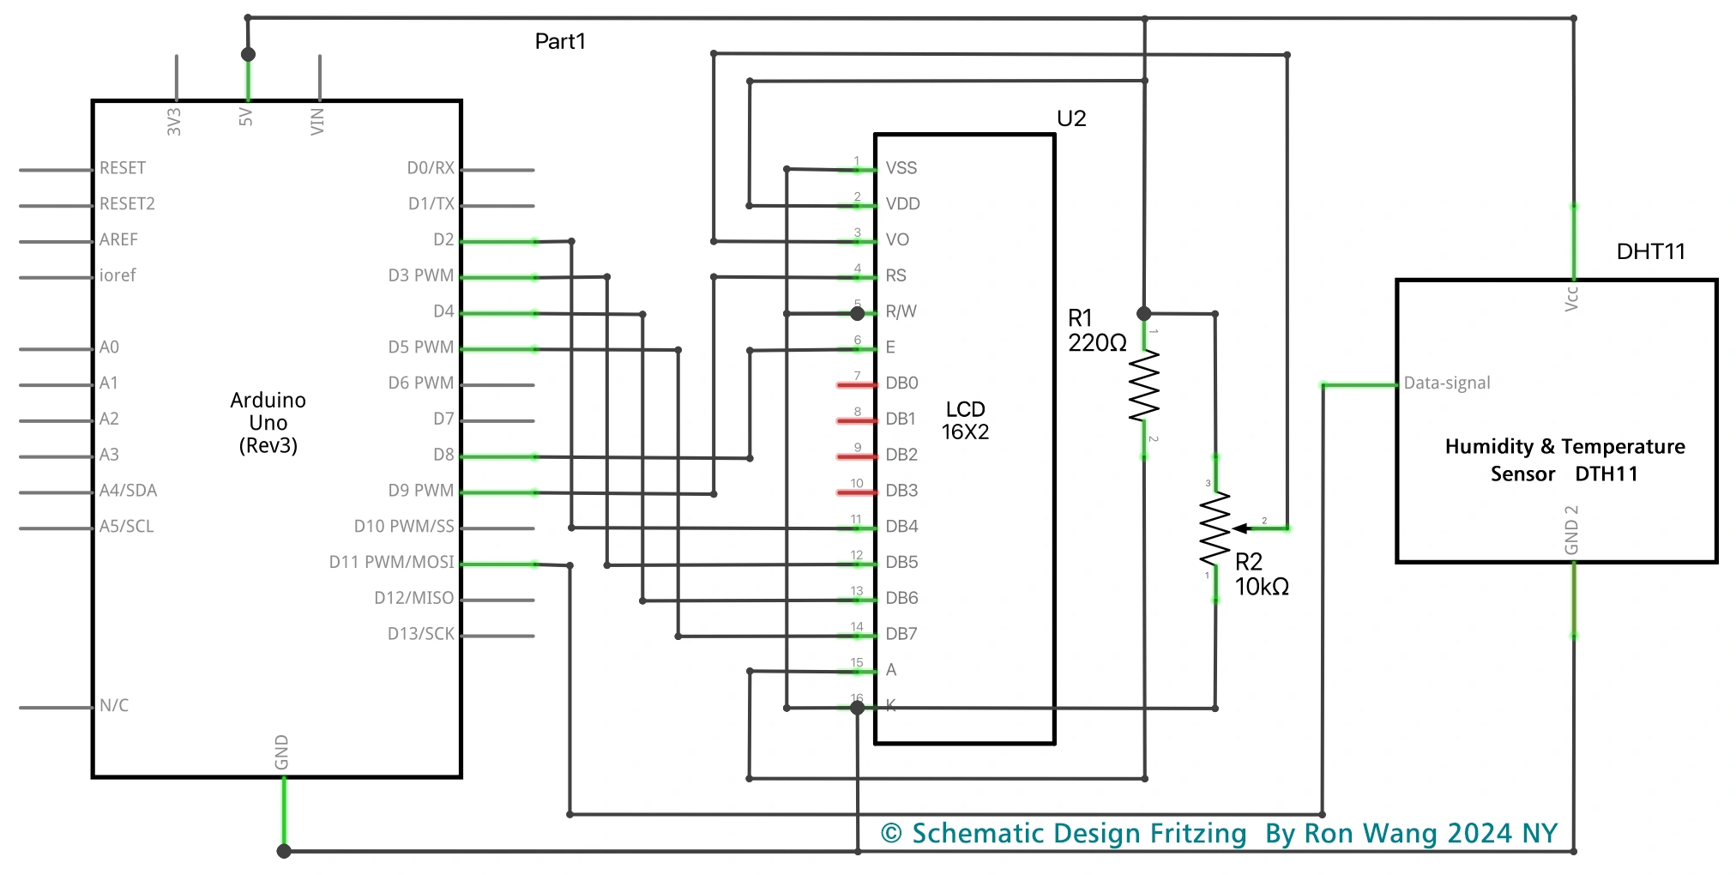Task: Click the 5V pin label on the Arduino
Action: [x=246, y=117]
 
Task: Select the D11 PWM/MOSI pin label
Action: [x=391, y=562]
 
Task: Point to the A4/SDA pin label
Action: [x=128, y=491]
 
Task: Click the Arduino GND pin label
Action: [x=281, y=751]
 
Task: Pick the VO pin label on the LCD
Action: [x=897, y=239]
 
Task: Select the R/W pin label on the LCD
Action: [x=901, y=311]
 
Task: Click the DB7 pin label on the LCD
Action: [x=901, y=634]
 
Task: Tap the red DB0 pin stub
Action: [x=856, y=385]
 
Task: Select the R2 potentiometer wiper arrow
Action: [x=1241, y=528]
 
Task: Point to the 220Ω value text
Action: [x=1097, y=343]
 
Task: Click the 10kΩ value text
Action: [x=1262, y=587]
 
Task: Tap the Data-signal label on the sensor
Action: [x=1447, y=383]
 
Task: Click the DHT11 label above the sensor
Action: [x=1650, y=251]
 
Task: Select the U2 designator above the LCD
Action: [x=1071, y=118]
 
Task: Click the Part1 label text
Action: [x=560, y=41]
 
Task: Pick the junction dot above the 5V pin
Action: [x=248, y=54]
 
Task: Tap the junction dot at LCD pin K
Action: [x=857, y=708]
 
